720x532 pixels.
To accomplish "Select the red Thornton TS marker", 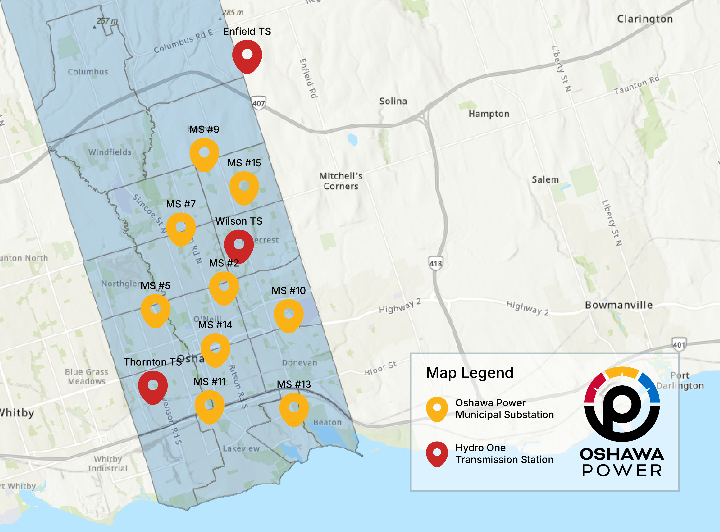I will click(153, 386).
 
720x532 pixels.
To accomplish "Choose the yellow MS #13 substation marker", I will click(294, 408).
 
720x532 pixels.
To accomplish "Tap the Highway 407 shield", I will click(259, 103).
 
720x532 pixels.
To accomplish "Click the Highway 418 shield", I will click(435, 263).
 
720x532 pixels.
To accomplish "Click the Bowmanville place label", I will click(619, 305).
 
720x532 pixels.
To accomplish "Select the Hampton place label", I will click(489, 114).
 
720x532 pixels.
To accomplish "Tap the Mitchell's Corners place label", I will click(341, 181).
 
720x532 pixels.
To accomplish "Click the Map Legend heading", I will click(469, 373).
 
